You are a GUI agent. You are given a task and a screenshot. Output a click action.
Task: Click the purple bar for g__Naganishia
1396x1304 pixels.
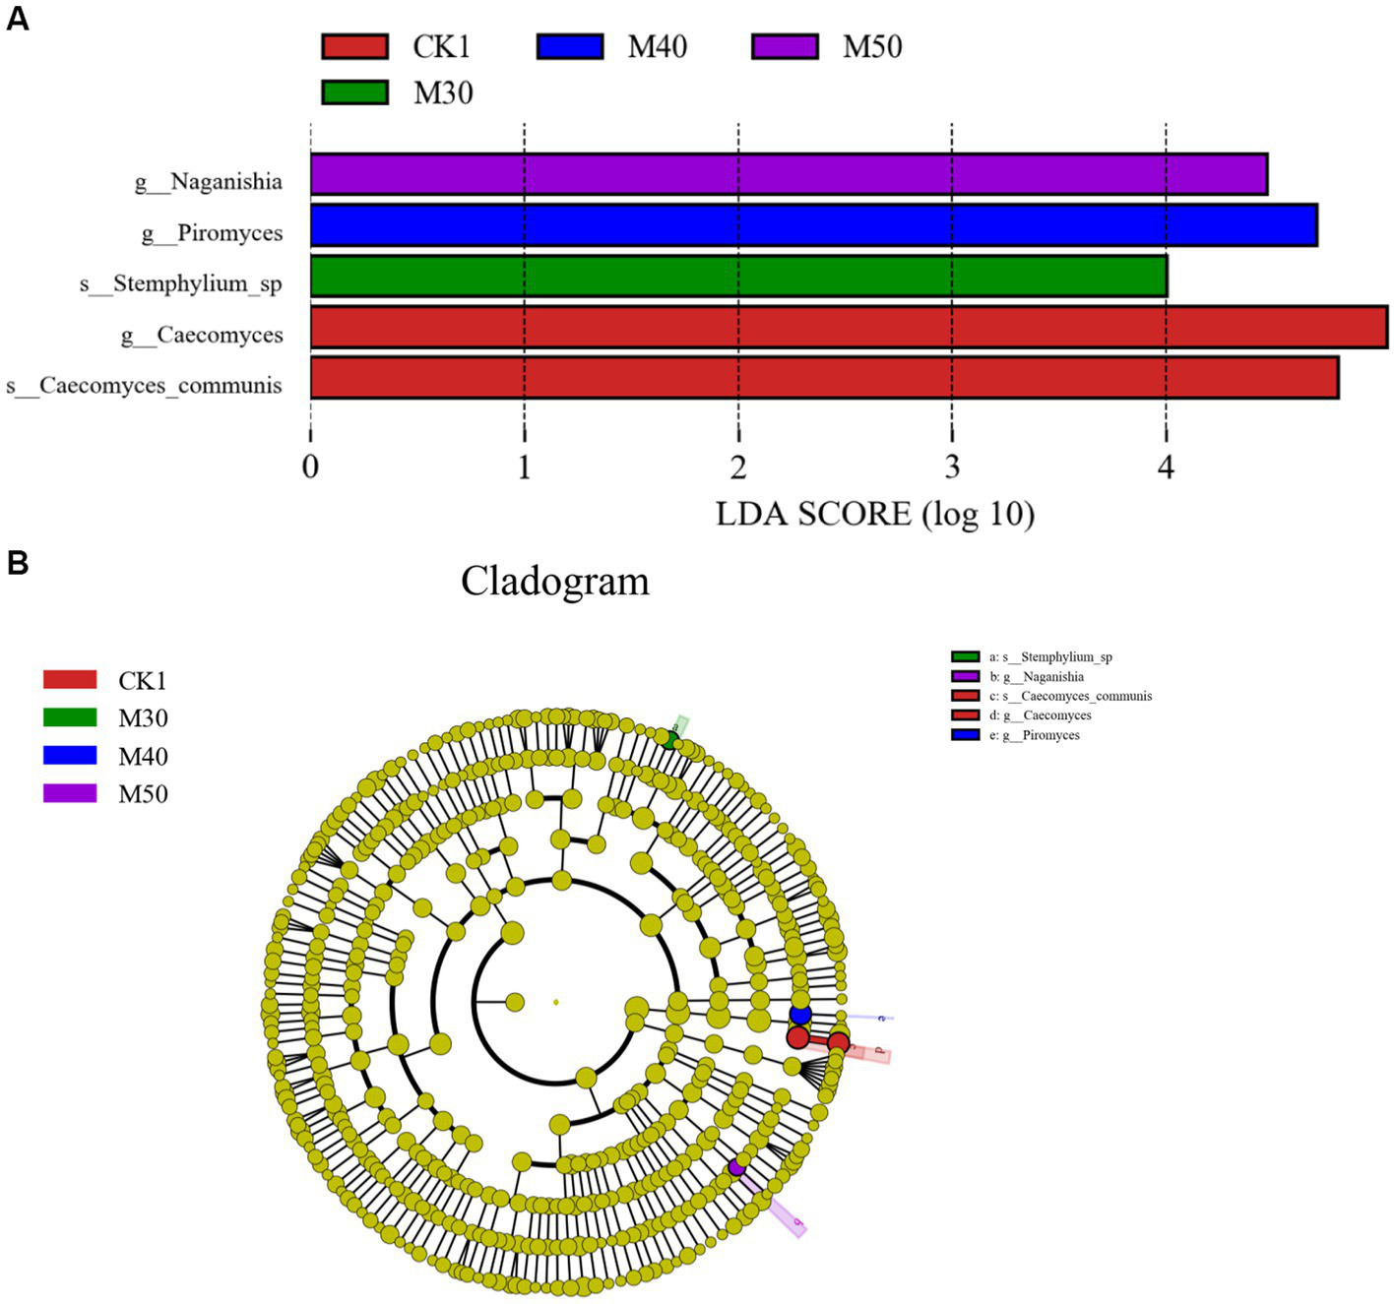point(788,174)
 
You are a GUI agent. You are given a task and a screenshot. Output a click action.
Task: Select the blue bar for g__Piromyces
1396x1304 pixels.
point(813,225)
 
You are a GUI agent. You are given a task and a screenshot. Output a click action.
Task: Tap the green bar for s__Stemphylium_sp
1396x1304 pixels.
point(738,277)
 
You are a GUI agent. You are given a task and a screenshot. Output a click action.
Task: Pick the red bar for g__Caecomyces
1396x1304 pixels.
point(849,327)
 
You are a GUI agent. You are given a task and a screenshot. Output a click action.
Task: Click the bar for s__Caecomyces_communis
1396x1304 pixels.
point(824,378)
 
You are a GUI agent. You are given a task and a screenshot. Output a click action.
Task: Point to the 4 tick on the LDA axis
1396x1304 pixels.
point(1166,466)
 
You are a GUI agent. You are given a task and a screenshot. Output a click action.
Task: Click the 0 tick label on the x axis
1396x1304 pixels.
point(310,466)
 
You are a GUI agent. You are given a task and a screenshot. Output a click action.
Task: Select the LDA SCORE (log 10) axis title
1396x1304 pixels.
point(874,514)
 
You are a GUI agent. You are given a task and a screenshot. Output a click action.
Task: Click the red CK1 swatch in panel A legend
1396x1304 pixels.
point(354,46)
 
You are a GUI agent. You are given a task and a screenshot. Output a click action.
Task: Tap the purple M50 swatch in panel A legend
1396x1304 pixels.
point(785,46)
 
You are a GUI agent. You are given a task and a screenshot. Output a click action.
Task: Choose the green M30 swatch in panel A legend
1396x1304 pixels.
point(354,93)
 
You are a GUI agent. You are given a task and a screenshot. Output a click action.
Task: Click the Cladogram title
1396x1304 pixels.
point(555,582)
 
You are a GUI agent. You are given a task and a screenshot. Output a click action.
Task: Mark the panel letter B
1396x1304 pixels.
point(17,563)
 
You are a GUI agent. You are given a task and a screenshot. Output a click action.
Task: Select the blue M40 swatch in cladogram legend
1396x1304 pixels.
point(70,756)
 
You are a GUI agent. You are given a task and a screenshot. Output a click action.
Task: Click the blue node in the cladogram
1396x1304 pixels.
point(800,1014)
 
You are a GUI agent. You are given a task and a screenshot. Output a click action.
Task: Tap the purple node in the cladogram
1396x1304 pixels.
point(735,1167)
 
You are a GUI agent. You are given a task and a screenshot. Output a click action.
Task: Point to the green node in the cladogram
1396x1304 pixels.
point(669,740)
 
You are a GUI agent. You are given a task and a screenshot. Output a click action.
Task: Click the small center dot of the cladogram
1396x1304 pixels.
point(556,1002)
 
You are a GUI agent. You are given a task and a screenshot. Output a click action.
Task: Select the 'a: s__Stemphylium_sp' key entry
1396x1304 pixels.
point(1050,657)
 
